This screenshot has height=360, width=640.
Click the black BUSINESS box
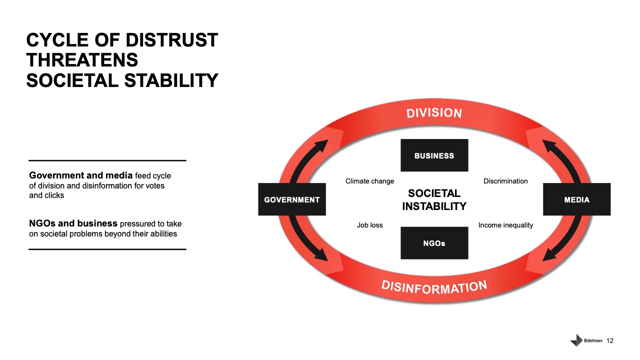434,155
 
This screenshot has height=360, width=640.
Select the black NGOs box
434,243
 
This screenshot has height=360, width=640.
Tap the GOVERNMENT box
292,199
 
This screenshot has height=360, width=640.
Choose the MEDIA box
577,199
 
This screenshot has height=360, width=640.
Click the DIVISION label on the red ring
434,113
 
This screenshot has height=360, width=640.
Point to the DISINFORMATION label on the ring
434,287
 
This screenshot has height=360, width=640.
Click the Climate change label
369,181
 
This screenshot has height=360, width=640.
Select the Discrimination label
505,181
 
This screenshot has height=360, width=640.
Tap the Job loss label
369,225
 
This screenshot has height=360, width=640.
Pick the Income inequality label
505,225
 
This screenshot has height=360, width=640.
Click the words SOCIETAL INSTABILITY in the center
434,199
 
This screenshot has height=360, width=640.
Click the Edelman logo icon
576,340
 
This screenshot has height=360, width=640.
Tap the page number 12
609,340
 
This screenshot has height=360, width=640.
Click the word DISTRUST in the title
171,40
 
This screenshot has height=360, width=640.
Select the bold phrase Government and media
81,175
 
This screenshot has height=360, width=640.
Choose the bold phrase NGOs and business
73,223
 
